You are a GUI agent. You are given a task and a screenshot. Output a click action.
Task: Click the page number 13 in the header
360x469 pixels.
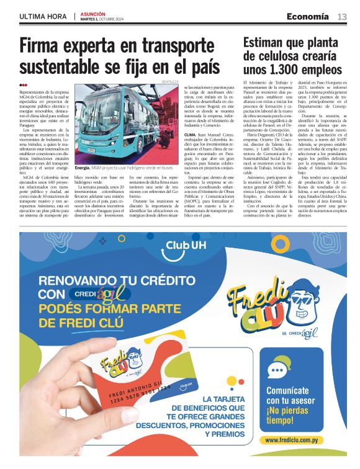click(342, 16)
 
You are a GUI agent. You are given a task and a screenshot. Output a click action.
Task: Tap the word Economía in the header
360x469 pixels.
click(308, 16)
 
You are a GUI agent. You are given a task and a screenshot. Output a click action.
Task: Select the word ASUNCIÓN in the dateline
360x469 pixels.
click(93, 13)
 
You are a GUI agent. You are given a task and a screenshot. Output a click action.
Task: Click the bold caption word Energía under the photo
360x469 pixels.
click(83, 167)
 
